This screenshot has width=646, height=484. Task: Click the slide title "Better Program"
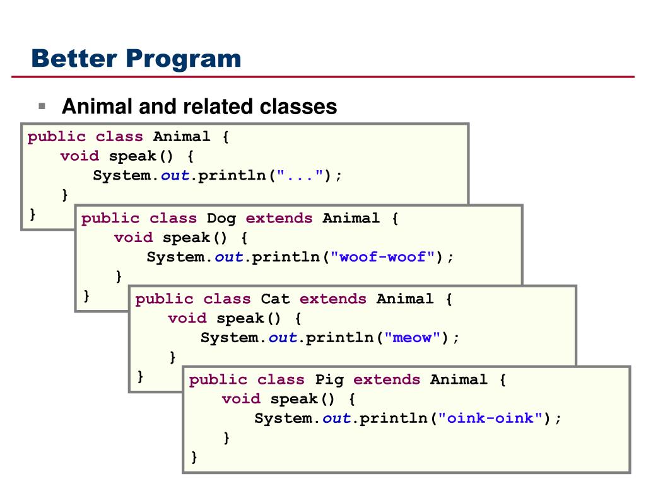(137, 59)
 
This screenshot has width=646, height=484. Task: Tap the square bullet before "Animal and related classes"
(42, 105)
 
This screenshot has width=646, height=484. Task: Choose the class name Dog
(221, 218)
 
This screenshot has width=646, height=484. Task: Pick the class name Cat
(275, 299)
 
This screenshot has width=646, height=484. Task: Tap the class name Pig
(329, 379)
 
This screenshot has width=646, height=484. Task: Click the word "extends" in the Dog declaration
(279, 218)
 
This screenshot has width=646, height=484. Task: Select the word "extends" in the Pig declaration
(386, 379)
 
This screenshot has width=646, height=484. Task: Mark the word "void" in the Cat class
(187, 318)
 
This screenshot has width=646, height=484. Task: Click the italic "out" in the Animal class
(175, 176)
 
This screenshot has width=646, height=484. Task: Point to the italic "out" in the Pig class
(337, 418)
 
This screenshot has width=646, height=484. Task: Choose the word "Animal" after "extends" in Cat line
(405, 299)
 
